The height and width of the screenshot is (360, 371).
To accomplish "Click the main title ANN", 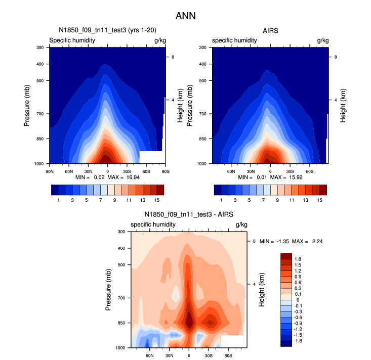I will pyautogui.click(x=185, y=16).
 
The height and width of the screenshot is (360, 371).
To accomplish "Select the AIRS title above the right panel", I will pyautogui.click(x=270, y=31).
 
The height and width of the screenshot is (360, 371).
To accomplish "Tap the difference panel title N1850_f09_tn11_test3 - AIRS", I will pyautogui.click(x=189, y=215).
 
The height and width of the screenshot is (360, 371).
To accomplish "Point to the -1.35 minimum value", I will pyautogui.click(x=282, y=242).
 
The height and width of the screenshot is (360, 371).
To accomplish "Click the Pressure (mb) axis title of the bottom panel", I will pyautogui.click(x=108, y=290).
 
